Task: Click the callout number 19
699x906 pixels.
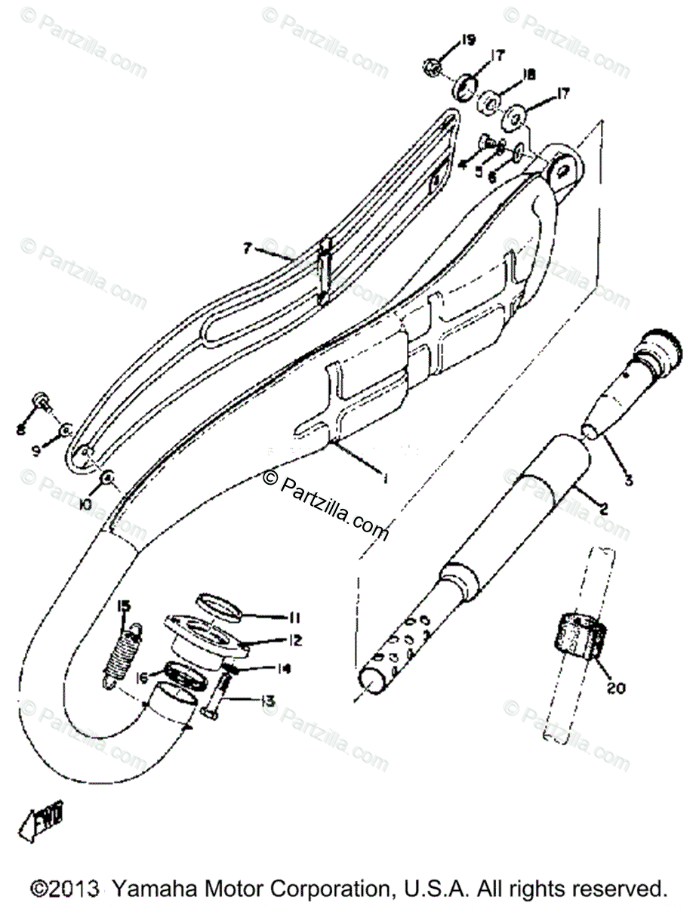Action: click(x=468, y=40)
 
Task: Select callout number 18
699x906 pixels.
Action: click(x=528, y=75)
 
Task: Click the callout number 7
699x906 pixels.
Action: click(x=246, y=248)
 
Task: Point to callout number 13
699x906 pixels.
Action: click(x=266, y=702)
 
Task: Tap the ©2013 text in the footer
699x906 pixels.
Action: click(x=66, y=887)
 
